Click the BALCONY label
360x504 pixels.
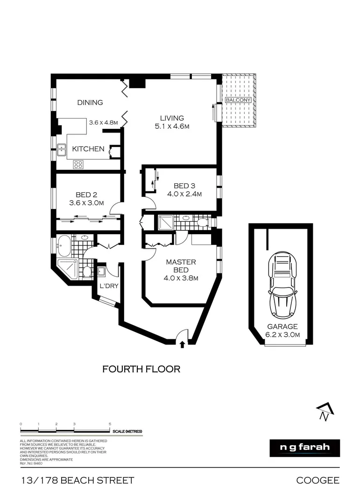(x=238, y=100)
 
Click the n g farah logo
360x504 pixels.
(x=305, y=447)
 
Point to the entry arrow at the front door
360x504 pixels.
(x=182, y=344)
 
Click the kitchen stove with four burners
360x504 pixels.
(x=78, y=164)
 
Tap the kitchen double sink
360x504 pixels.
(x=62, y=150)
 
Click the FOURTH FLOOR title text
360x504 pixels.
(x=141, y=369)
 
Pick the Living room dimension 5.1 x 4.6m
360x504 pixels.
(x=172, y=126)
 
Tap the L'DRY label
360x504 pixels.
(x=108, y=286)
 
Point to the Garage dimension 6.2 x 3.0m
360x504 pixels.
(x=282, y=335)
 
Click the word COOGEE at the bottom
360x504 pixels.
(x=318, y=480)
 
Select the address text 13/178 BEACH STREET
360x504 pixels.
(x=77, y=480)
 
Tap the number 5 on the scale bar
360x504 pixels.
(x=110, y=424)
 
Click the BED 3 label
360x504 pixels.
(x=181, y=186)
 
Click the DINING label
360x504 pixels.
(x=90, y=103)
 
